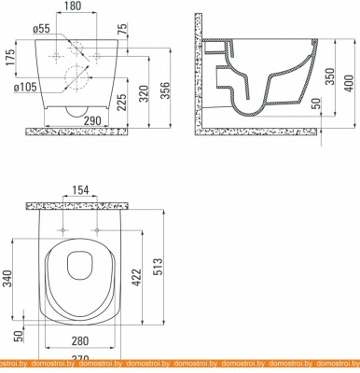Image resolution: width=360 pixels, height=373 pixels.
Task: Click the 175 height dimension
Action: click(11, 62)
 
